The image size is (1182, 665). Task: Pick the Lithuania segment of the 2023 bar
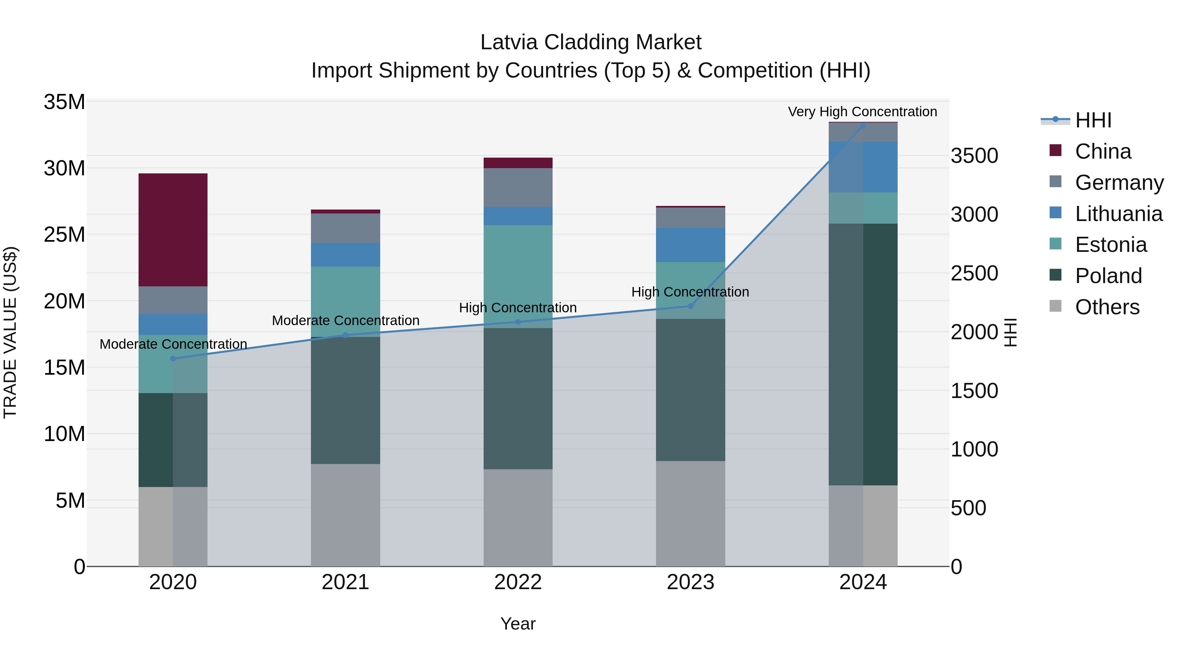tap(690, 245)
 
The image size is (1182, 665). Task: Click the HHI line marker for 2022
tap(518, 322)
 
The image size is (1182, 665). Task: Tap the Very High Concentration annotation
tap(862, 112)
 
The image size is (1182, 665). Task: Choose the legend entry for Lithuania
tap(1118, 214)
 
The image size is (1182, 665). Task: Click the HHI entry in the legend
tap(1093, 120)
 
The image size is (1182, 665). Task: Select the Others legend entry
tap(1107, 307)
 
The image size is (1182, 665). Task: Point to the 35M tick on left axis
tap(64, 102)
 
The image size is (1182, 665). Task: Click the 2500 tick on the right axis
tap(974, 274)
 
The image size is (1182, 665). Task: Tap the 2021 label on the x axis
tap(345, 582)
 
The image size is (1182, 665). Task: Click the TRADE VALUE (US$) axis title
tap(10, 332)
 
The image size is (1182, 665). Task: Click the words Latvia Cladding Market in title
tap(591, 42)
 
